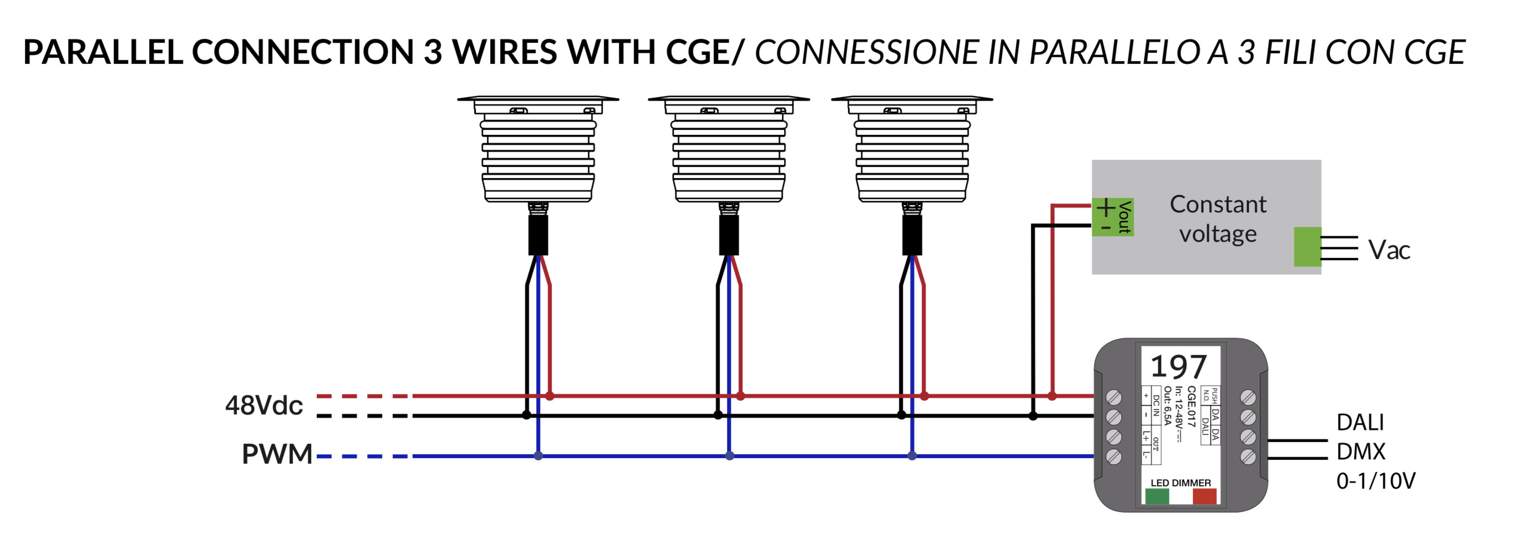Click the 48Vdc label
[x=263, y=405]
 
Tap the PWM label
[x=277, y=454]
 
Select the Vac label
[x=1389, y=250]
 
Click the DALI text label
[x=1360, y=422]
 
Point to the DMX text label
[x=1361, y=451]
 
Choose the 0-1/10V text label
[x=1376, y=481]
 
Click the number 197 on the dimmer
[x=1178, y=367]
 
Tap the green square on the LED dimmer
[x=1157, y=496]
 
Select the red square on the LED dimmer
[x=1204, y=496]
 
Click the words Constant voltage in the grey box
[x=1217, y=219]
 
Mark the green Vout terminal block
[x=1112, y=217]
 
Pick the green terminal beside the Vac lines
[x=1307, y=246]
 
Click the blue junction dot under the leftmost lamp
[x=538, y=456]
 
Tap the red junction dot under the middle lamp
[x=740, y=397]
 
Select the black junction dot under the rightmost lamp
[x=902, y=415]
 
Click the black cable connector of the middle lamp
[x=729, y=234]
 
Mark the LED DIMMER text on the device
[x=1181, y=483]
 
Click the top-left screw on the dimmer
[x=1114, y=398]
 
